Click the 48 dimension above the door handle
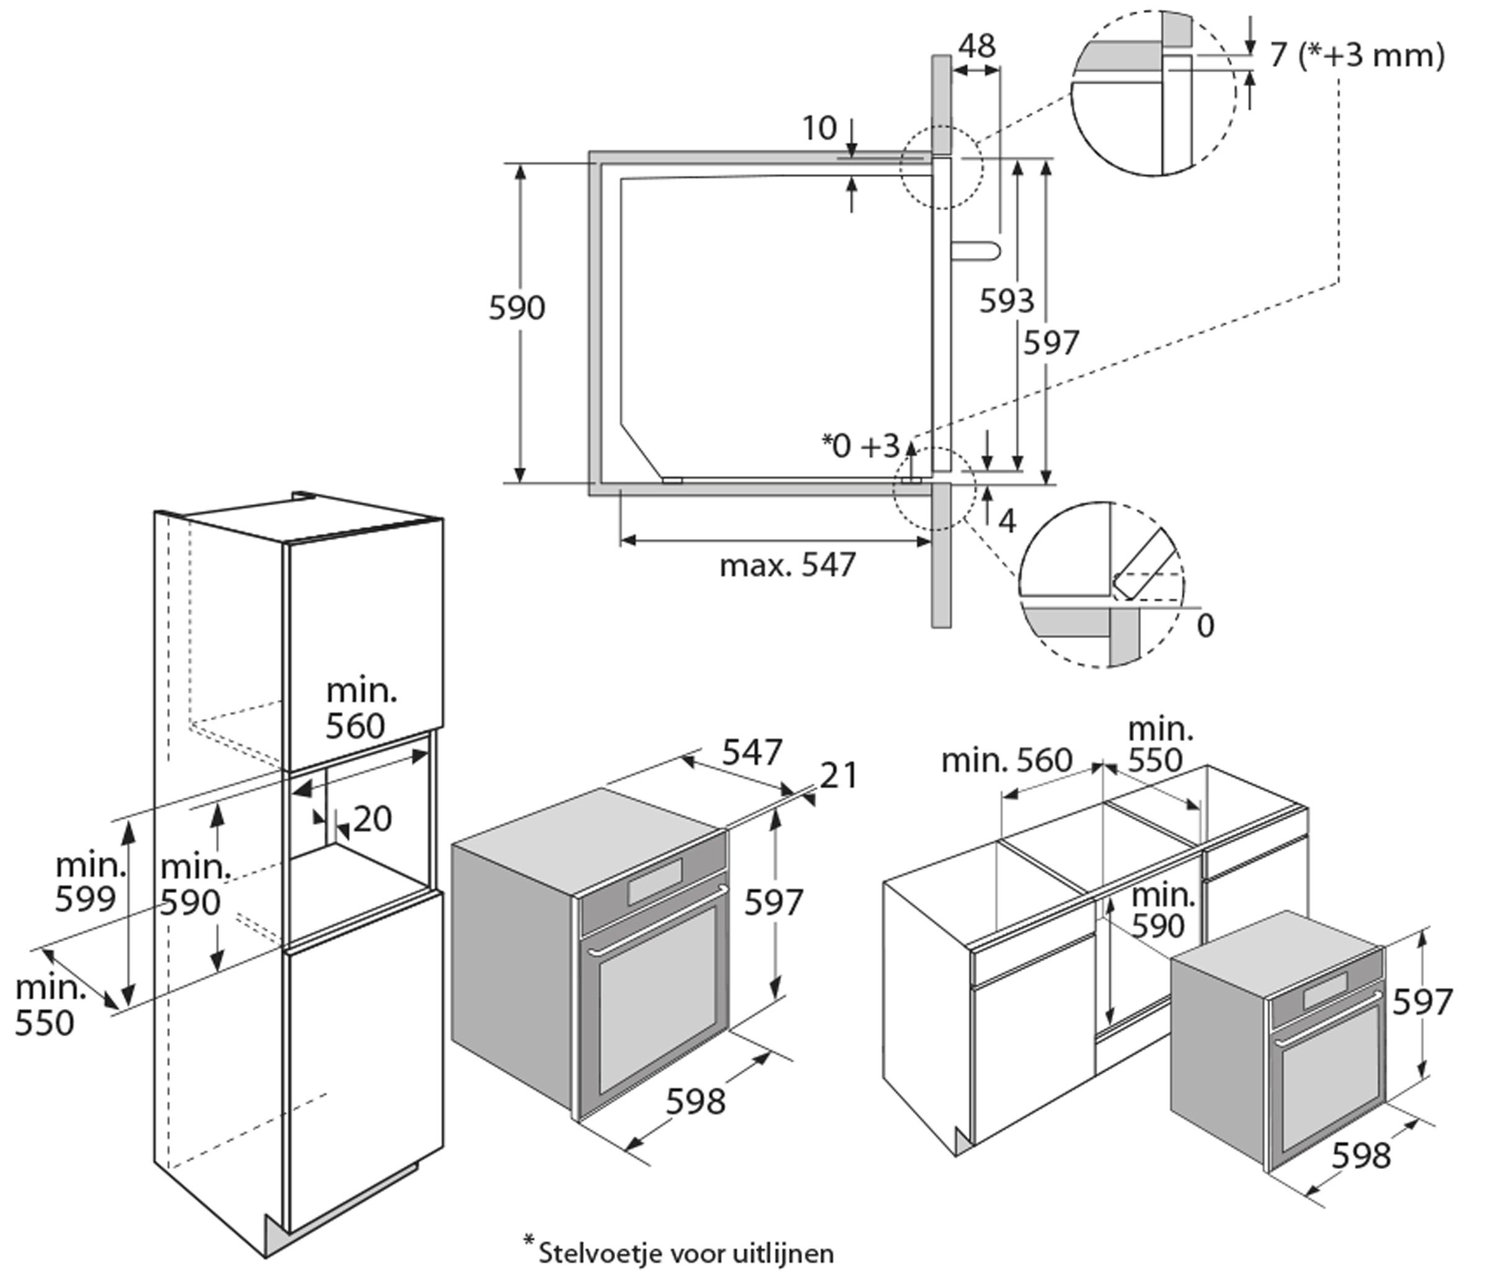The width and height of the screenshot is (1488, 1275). point(976,46)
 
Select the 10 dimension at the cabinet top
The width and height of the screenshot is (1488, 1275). point(820,128)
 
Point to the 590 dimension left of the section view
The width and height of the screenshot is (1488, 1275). point(516,308)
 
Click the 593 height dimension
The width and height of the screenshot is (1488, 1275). point(1006,301)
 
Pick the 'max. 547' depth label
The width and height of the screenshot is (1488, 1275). point(788,566)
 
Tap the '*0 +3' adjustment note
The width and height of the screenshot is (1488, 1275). point(861,446)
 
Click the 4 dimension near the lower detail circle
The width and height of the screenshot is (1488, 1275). point(1007,522)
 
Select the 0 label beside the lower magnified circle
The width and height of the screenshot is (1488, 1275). point(1206,626)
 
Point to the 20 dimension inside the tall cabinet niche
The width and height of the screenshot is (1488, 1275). point(372,819)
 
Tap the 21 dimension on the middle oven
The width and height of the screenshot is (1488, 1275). point(839,776)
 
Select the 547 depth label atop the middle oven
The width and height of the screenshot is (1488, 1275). point(751,753)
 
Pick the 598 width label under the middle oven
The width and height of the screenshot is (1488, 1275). point(695,1101)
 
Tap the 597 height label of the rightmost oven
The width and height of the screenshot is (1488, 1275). point(1423,1002)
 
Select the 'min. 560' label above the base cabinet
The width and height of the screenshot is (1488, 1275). point(1006,760)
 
